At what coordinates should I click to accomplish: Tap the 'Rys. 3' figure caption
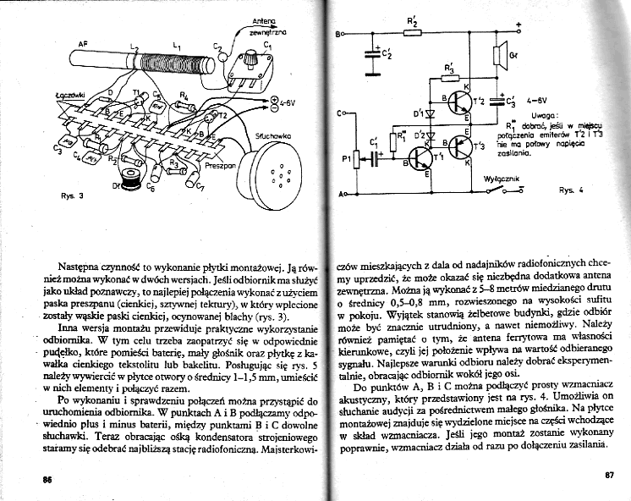(x=73, y=196)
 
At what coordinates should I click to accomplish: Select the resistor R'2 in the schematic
(x=412, y=34)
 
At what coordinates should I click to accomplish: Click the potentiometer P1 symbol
(x=356, y=159)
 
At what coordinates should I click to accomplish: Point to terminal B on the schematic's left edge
(x=339, y=34)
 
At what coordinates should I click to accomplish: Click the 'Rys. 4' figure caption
(x=571, y=190)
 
